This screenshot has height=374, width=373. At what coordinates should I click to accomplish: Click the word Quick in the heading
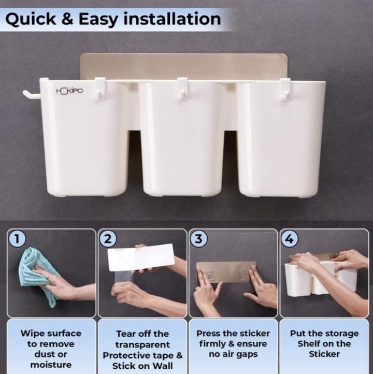pyautogui.click(x=31, y=19)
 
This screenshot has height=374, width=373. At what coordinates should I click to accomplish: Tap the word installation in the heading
pyautogui.click(x=172, y=19)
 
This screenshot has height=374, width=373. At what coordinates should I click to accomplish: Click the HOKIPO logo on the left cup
pyautogui.click(x=69, y=91)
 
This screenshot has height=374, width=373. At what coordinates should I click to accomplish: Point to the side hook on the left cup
pyautogui.click(x=31, y=94)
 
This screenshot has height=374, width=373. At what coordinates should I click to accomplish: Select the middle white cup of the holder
pyautogui.click(x=182, y=138)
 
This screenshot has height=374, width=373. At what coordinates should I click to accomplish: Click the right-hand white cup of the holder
pyautogui.click(x=280, y=139)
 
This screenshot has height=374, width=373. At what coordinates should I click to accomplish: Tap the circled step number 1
pyautogui.click(x=17, y=238)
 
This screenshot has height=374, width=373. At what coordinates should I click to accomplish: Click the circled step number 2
pyautogui.click(x=108, y=238)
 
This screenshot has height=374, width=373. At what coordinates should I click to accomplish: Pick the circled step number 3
pyautogui.click(x=198, y=238)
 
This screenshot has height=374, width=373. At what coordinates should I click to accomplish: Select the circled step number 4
pyautogui.click(x=290, y=238)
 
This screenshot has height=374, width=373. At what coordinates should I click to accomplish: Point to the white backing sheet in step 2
pyautogui.click(x=141, y=257)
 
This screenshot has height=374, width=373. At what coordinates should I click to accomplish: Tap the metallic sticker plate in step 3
pyautogui.click(x=225, y=271)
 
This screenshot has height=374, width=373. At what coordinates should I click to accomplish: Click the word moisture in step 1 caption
pyautogui.click(x=51, y=365)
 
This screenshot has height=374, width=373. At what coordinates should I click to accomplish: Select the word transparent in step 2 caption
pyautogui.click(x=142, y=344)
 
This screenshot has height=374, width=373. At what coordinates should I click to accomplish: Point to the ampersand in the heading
pyautogui.click(x=67, y=19)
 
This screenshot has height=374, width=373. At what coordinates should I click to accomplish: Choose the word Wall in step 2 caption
pyautogui.click(x=163, y=366)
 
